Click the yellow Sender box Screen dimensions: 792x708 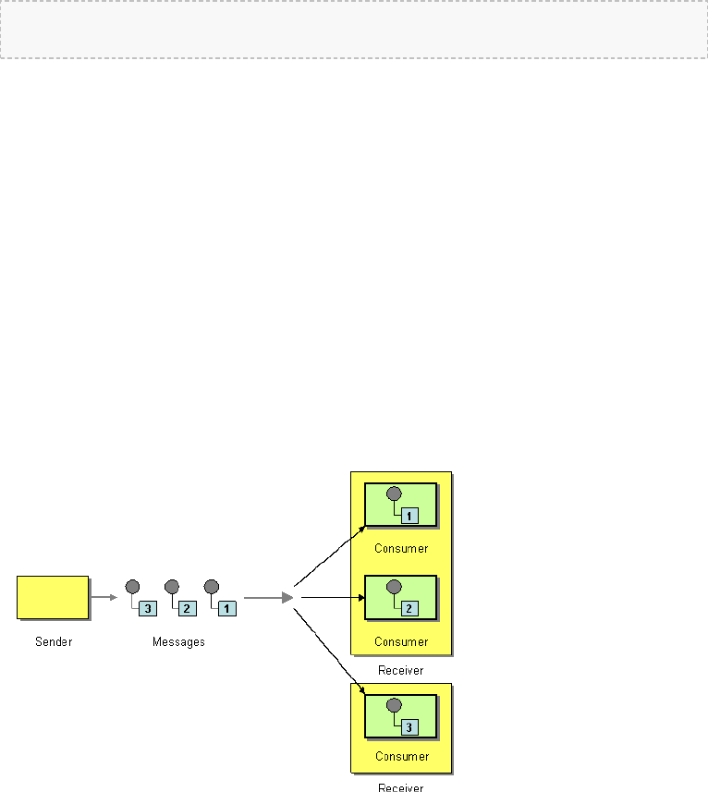click(53, 597)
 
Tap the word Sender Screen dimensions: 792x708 click(53, 641)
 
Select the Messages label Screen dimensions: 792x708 click(178, 641)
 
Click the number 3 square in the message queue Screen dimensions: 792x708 click(147, 608)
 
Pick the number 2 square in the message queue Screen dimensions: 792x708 click(187, 608)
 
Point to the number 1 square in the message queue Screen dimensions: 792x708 click(226, 608)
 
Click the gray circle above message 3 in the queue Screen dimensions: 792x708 click(132, 586)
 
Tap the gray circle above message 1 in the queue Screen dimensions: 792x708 click(211, 586)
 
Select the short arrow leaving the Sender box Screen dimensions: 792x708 click(104, 597)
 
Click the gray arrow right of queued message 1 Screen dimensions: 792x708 click(268, 598)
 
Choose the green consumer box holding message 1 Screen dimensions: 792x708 click(401, 505)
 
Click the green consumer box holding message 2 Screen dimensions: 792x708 click(401, 598)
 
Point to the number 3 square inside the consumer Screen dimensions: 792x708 click(409, 726)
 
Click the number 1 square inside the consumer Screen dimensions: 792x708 click(409, 516)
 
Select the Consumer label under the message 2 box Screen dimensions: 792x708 click(401, 641)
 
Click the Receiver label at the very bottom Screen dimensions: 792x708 click(401, 787)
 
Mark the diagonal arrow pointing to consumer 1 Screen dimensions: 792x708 click(329, 555)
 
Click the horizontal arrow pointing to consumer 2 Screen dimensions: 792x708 click(333, 597)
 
